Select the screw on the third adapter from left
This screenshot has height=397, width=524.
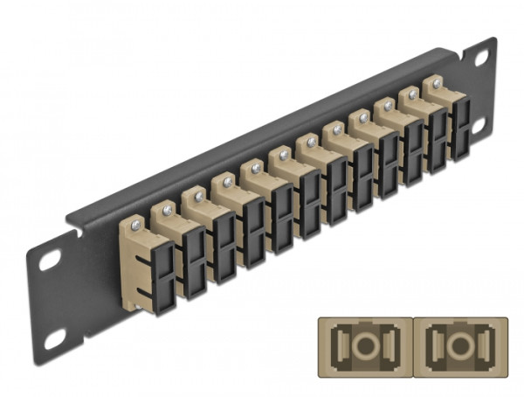197,196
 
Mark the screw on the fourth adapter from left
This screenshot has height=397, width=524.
227,182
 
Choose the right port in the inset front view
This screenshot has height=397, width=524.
457,339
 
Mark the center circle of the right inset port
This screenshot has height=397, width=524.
457,340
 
